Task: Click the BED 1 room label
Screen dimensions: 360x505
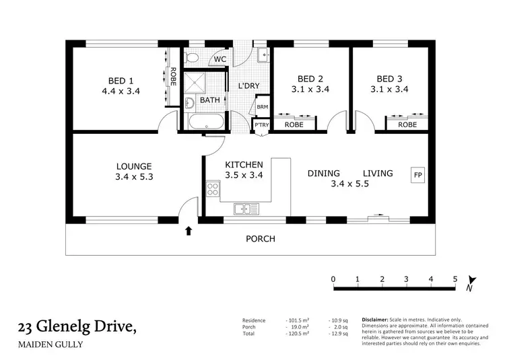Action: [x=120, y=77]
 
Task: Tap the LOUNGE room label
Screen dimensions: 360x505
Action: [x=134, y=166]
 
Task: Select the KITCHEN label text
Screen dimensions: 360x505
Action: [x=244, y=164]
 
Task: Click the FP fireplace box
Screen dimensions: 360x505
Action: [x=418, y=174]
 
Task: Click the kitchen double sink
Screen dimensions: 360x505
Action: [x=246, y=209]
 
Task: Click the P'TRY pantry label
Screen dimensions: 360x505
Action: [x=260, y=125]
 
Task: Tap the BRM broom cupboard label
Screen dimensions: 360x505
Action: [x=261, y=106]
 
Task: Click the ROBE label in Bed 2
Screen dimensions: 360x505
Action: [x=294, y=124]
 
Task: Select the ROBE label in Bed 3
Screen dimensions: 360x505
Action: [x=407, y=124]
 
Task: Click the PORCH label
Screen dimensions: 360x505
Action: [x=260, y=239]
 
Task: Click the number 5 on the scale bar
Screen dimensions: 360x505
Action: [x=455, y=279]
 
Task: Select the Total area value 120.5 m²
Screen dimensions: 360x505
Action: [x=296, y=333]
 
